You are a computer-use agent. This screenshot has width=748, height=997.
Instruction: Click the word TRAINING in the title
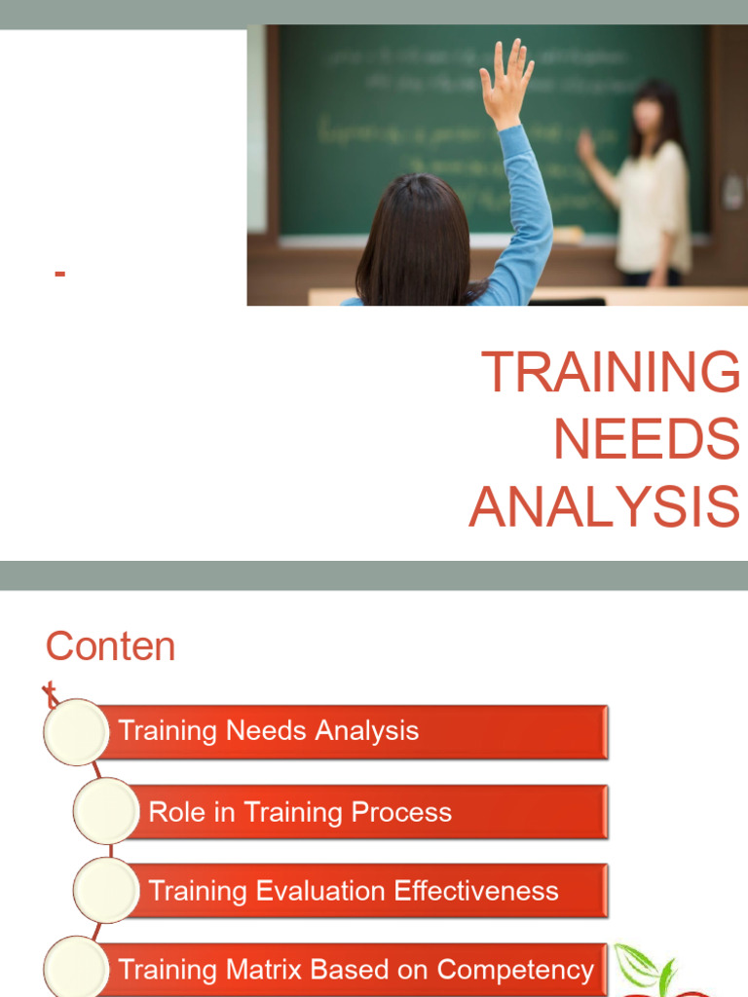(611, 373)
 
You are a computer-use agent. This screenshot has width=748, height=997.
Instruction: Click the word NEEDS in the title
(646, 440)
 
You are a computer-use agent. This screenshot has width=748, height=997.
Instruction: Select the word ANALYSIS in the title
(604, 508)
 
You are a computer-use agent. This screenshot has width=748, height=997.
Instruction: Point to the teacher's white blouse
(654, 205)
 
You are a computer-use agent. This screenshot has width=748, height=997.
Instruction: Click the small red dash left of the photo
(60, 275)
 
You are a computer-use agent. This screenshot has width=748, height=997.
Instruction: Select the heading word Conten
(110, 647)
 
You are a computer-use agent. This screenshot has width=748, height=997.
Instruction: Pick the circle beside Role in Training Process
(105, 811)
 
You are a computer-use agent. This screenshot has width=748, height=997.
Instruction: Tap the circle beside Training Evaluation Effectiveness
(105, 890)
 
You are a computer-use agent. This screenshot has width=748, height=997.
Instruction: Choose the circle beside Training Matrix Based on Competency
(76, 968)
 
